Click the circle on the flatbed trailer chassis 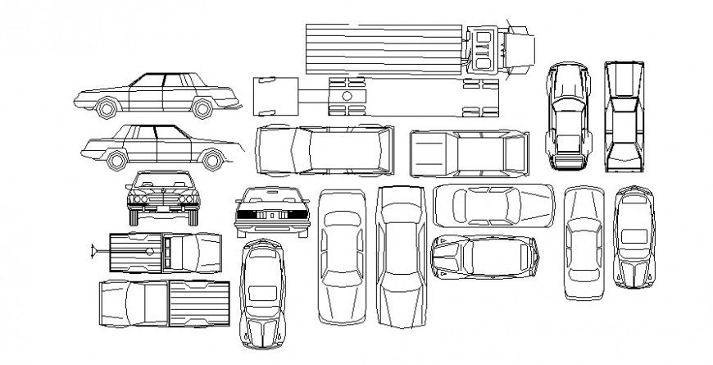(x=347, y=96)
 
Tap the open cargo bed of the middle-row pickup (x=432, y=153)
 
